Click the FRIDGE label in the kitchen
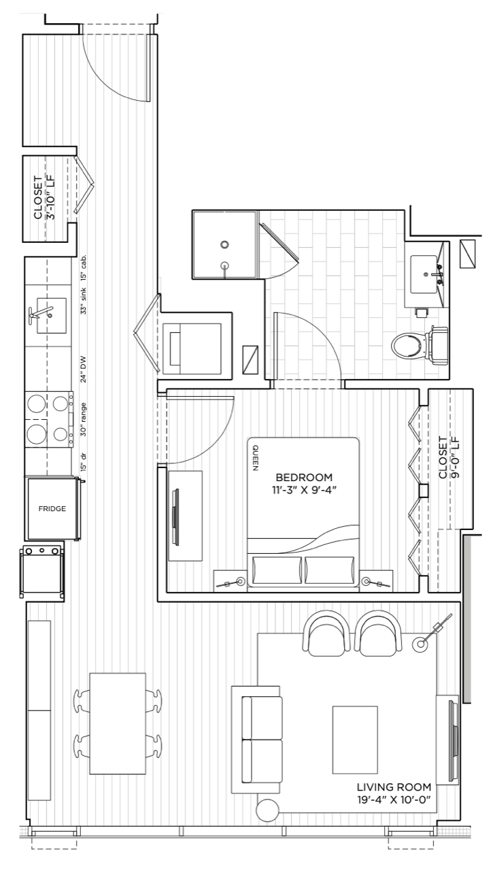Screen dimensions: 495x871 pos(52,508)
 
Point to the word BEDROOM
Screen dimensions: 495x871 pos(304,477)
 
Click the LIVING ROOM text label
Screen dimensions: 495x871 pos(394,787)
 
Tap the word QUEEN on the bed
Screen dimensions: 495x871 pos(255,458)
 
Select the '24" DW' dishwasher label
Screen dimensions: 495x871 pos(84,369)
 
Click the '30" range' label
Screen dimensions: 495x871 pos(84,420)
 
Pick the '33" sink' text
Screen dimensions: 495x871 pos(84,301)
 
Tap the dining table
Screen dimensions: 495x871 pos(118,723)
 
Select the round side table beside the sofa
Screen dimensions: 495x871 pos(268,810)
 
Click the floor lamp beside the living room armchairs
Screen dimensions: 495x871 pos(420,644)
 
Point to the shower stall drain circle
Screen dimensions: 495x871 pos(224,244)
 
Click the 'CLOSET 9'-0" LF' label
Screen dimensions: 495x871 pos(448,457)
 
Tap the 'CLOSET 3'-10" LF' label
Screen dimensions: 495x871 pos(44,198)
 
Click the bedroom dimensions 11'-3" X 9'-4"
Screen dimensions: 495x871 pos(303,490)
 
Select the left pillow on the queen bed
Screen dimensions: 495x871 pos(277,570)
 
